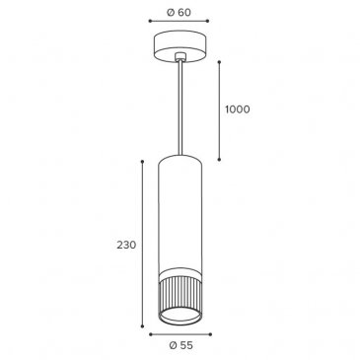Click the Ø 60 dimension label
pos(179,12)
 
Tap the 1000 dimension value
pos(238,109)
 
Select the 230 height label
pos(126,245)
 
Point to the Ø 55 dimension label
pos(180,345)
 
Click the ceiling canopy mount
pos(180,47)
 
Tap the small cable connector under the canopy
pos(180,57)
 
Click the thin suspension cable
pos(180,108)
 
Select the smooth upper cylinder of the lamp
pos(180,213)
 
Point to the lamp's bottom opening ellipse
pos(180,316)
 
